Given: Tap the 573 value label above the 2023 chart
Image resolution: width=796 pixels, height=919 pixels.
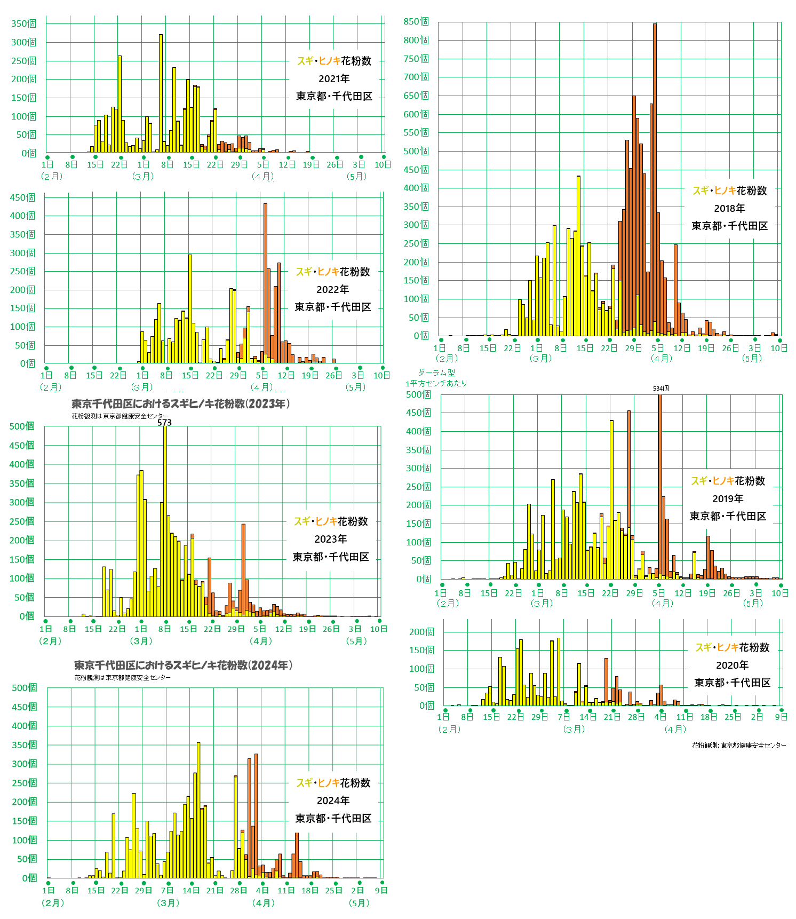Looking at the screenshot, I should click(164, 422).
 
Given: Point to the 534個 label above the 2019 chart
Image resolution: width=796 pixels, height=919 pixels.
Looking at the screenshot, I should click(660, 389).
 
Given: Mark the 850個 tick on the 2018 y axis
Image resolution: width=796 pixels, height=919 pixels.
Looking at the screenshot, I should click(416, 22).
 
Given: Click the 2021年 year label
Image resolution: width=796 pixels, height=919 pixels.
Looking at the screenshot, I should click(334, 78).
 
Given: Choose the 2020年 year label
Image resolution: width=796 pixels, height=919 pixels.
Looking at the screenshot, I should click(732, 665).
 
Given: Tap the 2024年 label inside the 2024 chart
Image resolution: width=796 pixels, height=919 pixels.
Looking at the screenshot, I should click(333, 801).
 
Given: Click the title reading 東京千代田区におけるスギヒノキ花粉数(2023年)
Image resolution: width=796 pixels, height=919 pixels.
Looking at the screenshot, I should click(180, 404).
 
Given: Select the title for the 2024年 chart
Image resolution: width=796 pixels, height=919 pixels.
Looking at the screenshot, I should click(183, 666).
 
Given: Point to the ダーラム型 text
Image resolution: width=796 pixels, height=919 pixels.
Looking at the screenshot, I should click(436, 373).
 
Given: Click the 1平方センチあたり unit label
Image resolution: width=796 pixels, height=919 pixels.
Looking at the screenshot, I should click(436, 383).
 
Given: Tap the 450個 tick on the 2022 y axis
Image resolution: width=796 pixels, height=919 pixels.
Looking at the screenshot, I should click(22, 197).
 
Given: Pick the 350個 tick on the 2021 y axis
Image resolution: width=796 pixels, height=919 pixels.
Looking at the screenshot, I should click(24, 23).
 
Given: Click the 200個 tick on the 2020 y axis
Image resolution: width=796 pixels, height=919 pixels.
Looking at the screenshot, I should click(421, 632).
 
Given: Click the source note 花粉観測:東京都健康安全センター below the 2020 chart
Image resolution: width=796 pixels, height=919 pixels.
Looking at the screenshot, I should click(738, 745).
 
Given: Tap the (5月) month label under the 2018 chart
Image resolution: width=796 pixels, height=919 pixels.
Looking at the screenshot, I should click(752, 358).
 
